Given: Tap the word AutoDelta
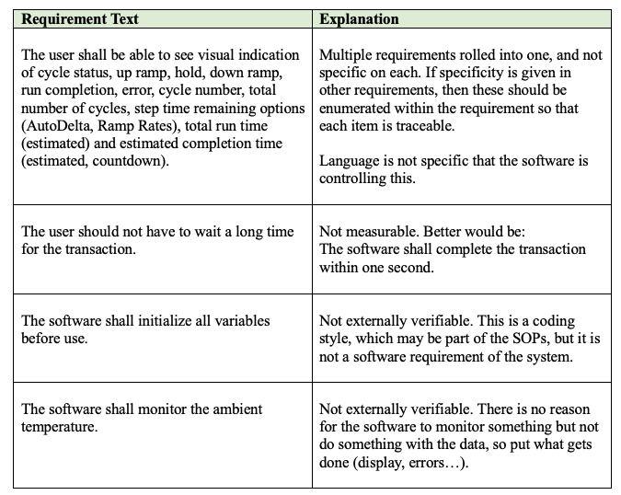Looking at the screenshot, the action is pyautogui.click(x=63, y=126).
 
